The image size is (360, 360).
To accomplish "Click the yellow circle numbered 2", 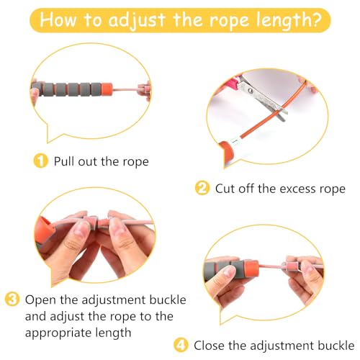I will [203, 189].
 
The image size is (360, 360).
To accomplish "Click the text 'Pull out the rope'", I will [101, 161].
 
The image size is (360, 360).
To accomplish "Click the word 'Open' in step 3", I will [40, 299].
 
